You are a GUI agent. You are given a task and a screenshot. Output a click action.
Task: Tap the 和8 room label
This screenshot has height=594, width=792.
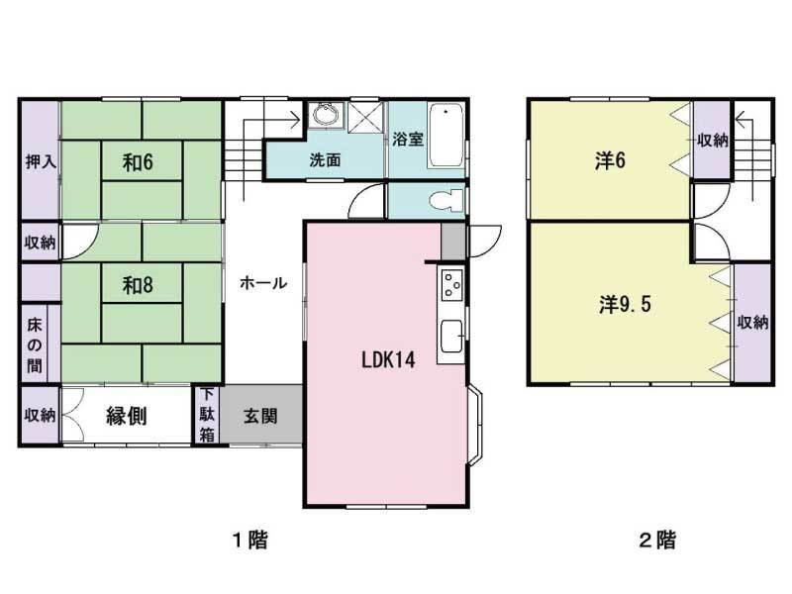point(138,285)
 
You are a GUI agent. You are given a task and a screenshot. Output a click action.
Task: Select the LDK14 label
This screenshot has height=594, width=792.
point(386,359)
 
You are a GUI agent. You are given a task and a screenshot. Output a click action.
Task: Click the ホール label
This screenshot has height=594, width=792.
point(263,283)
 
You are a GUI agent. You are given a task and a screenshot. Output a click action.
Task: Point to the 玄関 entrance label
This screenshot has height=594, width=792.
point(260,415)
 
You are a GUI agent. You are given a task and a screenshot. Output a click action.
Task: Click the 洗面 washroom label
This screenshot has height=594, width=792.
point(325,160)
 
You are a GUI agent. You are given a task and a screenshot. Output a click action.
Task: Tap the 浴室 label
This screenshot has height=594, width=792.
point(408,139)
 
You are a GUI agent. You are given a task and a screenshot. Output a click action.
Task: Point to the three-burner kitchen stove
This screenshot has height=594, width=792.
point(451,285)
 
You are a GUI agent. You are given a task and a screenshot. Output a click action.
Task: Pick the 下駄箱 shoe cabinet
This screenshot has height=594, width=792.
point(207,415)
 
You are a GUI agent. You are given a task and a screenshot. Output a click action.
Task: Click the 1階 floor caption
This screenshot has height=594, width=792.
point(249,541)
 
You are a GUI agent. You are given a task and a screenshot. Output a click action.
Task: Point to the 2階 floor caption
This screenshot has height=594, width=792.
point(657,541)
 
